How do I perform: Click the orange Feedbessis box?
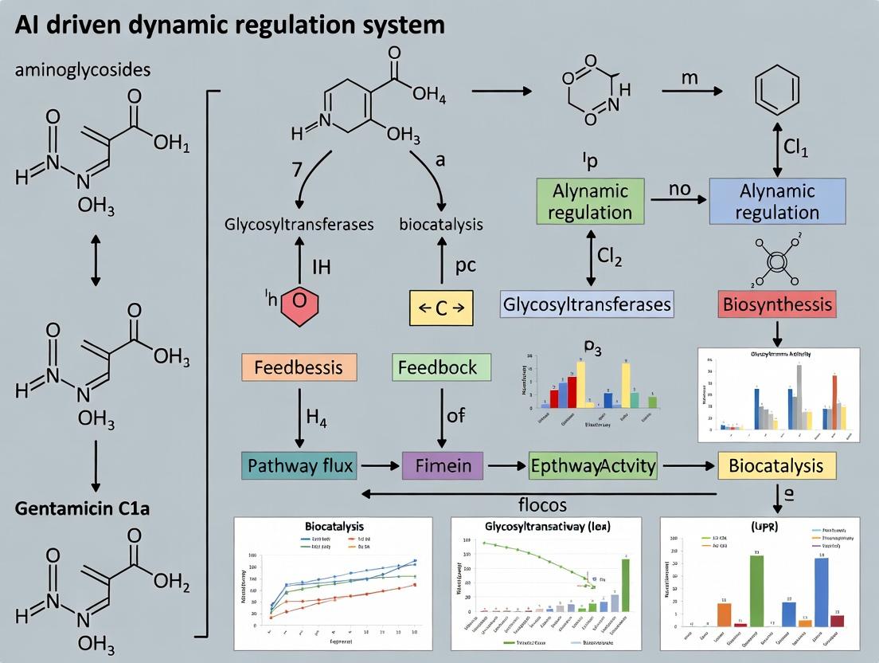point(299,367)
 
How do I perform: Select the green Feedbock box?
point(438,367)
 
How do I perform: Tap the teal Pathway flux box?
point(299,465)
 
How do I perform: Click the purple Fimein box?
point(443,465)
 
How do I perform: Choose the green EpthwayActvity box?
point(593,465)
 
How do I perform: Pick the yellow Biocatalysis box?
point(777,465)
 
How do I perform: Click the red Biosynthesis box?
point(777,304)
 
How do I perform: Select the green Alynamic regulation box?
point(590,202)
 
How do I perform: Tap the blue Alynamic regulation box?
point(777,202)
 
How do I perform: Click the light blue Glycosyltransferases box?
point(587,304)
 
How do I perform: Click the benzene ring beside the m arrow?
point(777,92)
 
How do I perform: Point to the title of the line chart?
point(334,527)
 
